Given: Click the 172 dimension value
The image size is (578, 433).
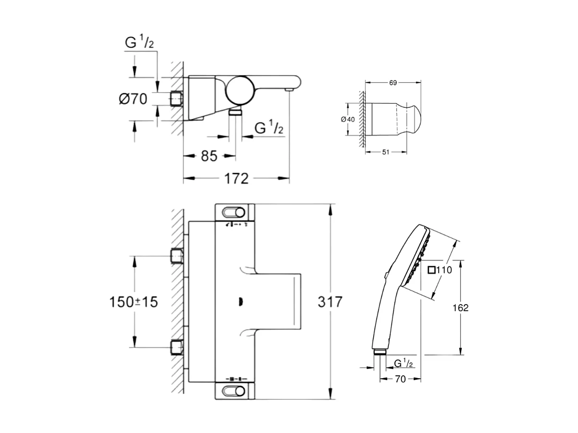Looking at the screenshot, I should click(x=237, y=179).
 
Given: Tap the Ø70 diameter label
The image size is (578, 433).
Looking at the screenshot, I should click(x=132, y=99).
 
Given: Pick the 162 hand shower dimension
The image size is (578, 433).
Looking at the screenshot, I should click(x=460, y=308).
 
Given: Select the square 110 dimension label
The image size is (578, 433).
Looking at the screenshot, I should click(x=440, y=270).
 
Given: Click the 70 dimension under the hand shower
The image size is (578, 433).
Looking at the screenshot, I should click(x=401, y=379).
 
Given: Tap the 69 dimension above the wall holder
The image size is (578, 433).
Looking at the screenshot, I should click(x=392, y=83).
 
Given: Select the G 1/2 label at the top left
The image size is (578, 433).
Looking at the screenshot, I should click(x=139, y=43).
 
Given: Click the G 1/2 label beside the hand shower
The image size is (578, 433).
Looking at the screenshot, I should click(x=403, y=363).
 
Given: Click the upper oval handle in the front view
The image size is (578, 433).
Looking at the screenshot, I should click(x=233, y=212).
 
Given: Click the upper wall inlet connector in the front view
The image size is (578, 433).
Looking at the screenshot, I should click(x=177, y=257).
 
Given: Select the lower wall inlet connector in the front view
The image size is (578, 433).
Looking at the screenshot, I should click(x=177, y=346).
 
